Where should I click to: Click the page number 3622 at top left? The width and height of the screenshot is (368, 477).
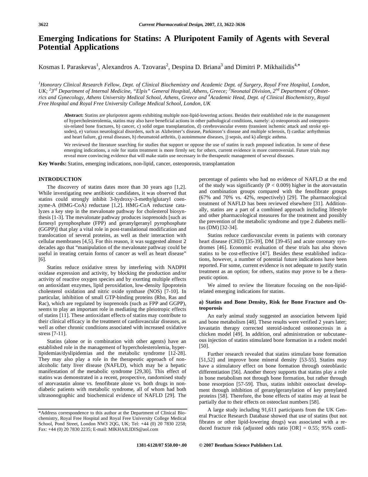click(43, 25)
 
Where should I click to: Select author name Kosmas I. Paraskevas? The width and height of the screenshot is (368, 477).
click(67, 67)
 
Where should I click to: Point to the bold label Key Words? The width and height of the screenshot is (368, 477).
click(52, 164)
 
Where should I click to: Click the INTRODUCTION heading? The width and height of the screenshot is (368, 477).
click(60, 179)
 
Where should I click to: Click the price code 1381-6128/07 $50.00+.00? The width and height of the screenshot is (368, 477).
click(161, 445)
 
